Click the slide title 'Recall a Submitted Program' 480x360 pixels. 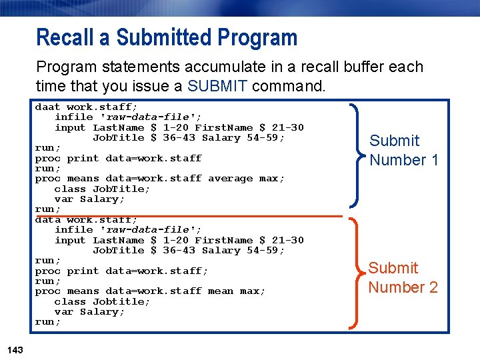[x=167, y=37]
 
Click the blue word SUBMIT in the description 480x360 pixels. [x=218, y=86]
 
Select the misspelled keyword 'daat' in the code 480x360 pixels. [x=47, y=107]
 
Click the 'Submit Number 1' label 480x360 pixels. [x=404, y=150]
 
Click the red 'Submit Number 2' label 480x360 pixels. [x=403, y=277]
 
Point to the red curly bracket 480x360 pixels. [x=358, y=273]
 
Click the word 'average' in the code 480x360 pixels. [x=230, y=179]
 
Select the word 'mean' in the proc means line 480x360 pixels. [x=221, y=291]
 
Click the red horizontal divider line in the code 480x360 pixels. [x=200, y=216]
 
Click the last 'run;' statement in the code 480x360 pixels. [x=47, y=322]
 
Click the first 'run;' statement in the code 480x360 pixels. [x=47, y=148]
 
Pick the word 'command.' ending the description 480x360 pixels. [x=289, y=86]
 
